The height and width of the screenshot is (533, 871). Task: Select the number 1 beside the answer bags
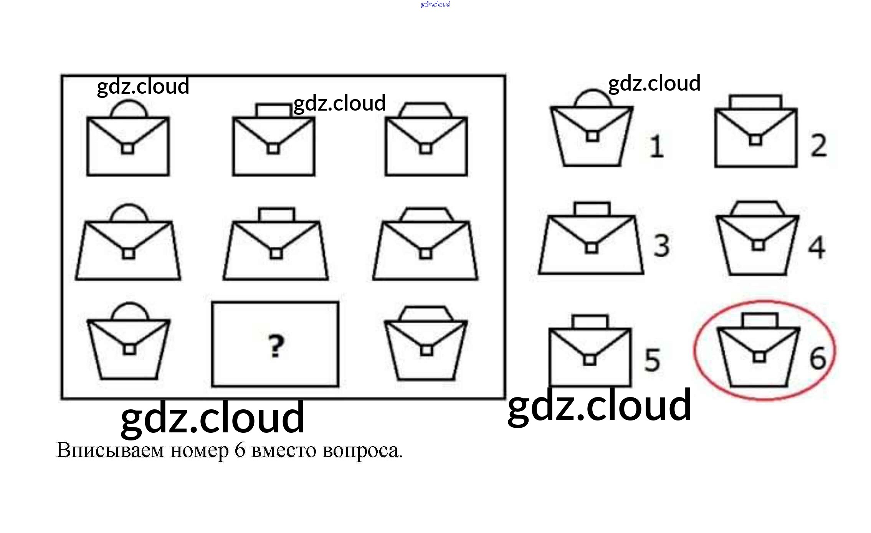pyautogui.click(x=657, y=146)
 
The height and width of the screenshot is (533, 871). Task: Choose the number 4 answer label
pyautogui.click(x=816, y=248)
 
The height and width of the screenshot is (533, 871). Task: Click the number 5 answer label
pyautogui.click(x=652, y=360)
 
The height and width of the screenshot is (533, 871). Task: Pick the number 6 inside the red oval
pyautogui.click(x=818, y=358)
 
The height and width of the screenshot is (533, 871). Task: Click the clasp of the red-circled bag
pyautogui.click(x=759, y=357)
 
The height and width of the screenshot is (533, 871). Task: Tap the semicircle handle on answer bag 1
pyautogui.click(x=593, y=98)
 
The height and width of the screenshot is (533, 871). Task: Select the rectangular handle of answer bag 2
pyautogui.click(x=755, y=102)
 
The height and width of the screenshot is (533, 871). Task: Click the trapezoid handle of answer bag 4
pyautogui.click(x=757, y=209)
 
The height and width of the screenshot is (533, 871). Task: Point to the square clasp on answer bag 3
pyautogui.click(x=592, y=248)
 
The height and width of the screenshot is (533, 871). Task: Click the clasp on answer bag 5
pyautogui.click(x=590, y=360)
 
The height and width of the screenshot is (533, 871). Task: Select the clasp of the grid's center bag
pyautogui.click(x=276, y=253)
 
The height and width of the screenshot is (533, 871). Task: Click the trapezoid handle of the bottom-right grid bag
pyautogui.click(x=426, y=313)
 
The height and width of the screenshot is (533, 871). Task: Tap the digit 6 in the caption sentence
pyautogui.click(x=240, y=450)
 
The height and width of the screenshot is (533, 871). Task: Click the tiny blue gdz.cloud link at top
pyautogui.click(x=435, y=4)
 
